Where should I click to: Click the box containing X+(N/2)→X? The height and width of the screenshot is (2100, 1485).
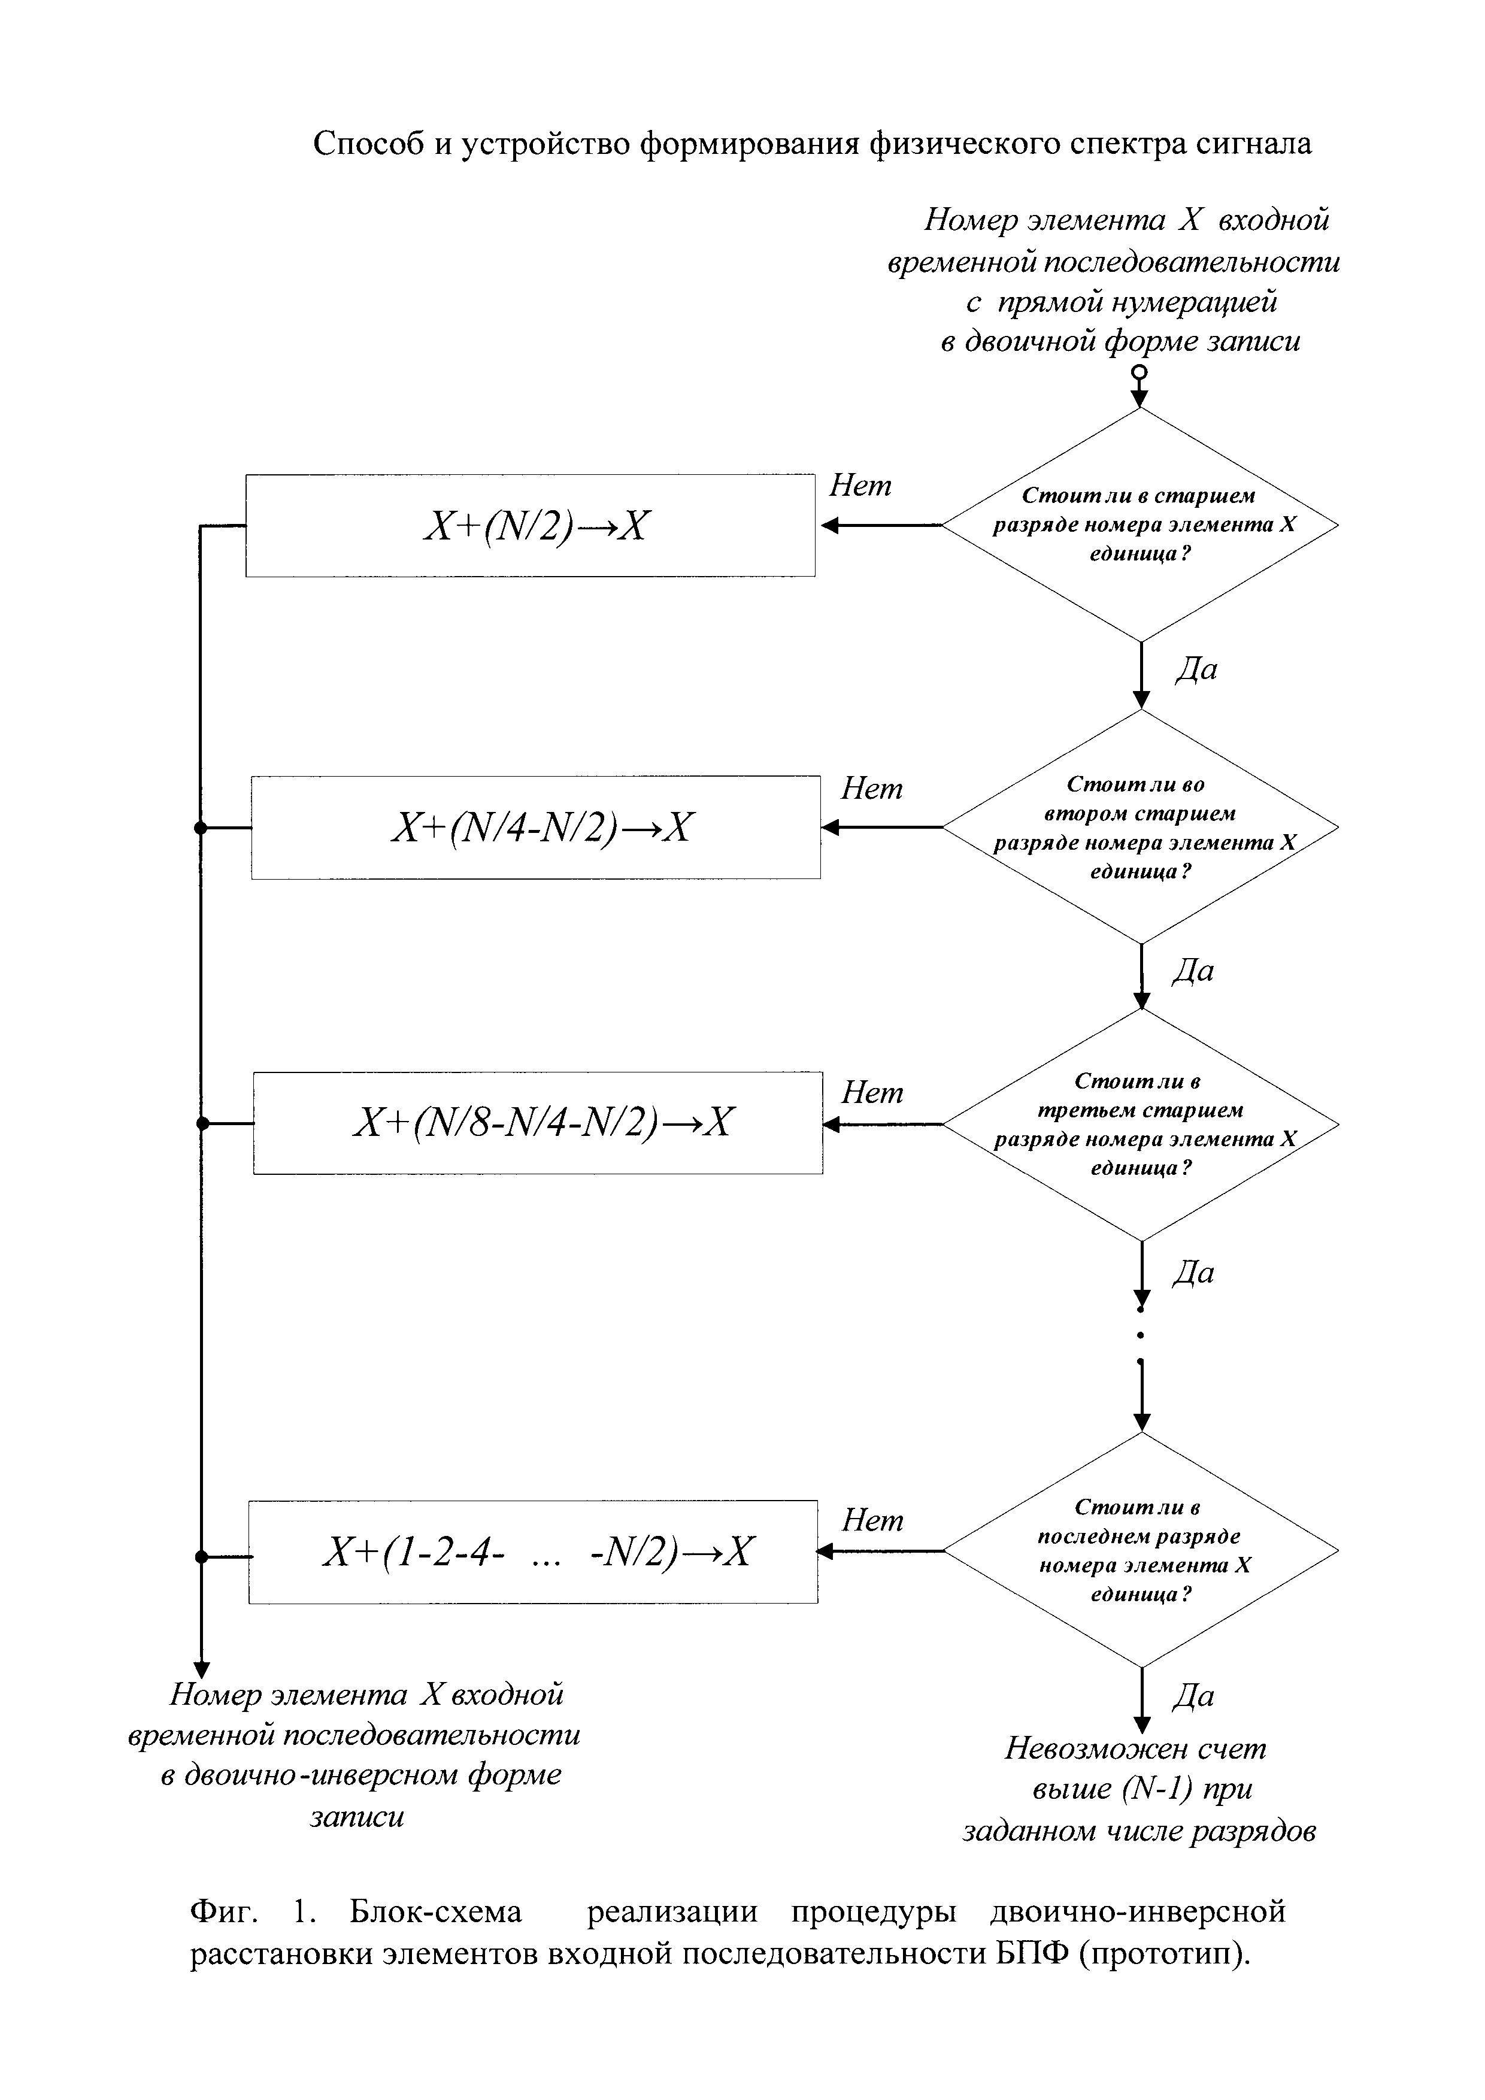531,525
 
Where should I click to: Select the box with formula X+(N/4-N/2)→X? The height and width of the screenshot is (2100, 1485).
536,827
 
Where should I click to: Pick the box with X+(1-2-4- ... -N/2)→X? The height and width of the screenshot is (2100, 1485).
533,1552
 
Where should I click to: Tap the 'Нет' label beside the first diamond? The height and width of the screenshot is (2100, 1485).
859,486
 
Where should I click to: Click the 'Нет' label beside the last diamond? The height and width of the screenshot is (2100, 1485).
871,1520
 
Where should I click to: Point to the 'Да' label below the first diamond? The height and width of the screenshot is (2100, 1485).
1195,669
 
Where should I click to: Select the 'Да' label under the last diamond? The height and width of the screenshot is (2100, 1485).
1193,1696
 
